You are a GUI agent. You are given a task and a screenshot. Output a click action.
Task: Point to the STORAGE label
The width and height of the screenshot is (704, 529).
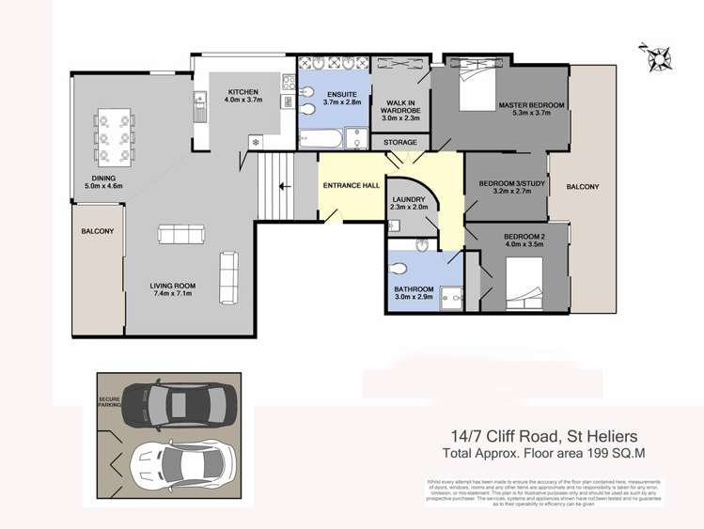(400, 143)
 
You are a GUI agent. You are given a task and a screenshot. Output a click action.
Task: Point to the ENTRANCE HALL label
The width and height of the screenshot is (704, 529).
(352, 186)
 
